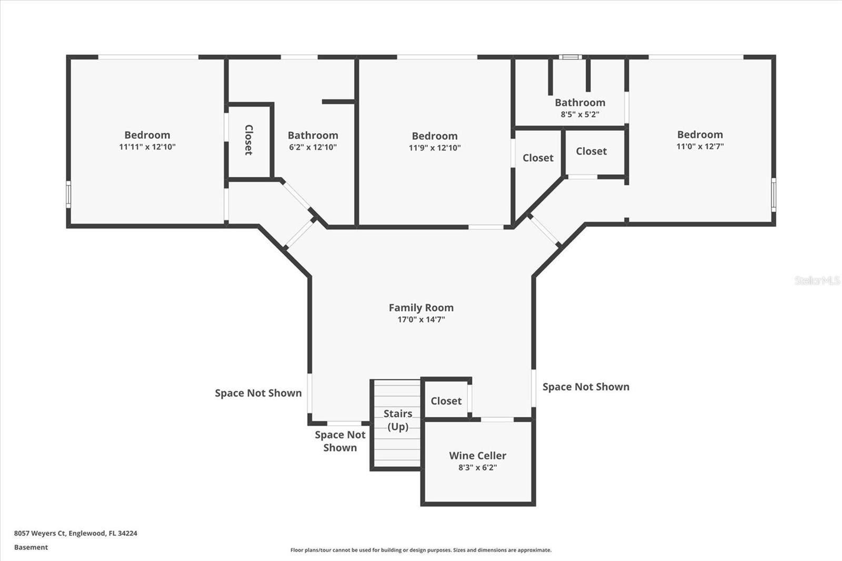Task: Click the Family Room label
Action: point(421,307)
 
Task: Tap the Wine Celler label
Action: point(477,455)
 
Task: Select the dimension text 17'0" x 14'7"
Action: point(421,319)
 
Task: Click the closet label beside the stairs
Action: point(446,401)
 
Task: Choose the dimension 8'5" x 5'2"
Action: point(580,114)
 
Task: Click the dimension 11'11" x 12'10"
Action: point(147,147)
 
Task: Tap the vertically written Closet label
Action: point(248,140)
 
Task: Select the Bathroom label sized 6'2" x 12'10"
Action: point(313,135)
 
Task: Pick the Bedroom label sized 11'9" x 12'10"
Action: point(435,136)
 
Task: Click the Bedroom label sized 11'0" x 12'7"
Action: point(700,134)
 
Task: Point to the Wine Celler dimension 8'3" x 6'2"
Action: point(477,467)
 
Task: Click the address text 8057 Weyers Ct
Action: point(40,533)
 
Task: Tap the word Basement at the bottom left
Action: point(31,547)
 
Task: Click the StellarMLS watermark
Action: point(817,280)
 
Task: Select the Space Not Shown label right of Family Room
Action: point(586,386)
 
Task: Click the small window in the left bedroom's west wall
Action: point(68,194)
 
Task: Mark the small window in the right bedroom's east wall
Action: point(774,195)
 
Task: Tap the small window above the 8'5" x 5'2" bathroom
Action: point(570,57)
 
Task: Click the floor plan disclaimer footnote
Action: point(421,550)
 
